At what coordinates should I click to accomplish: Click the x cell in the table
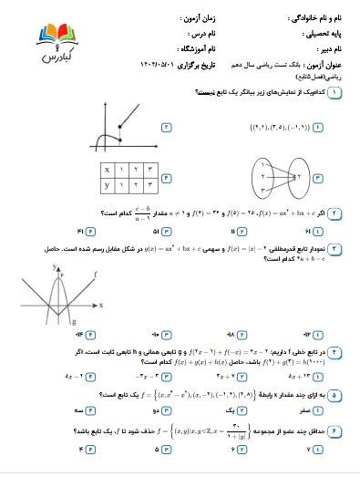tap(108, 170)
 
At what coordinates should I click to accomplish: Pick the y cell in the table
tap(108, 186)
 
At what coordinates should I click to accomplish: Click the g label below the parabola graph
tap(60, 322)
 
